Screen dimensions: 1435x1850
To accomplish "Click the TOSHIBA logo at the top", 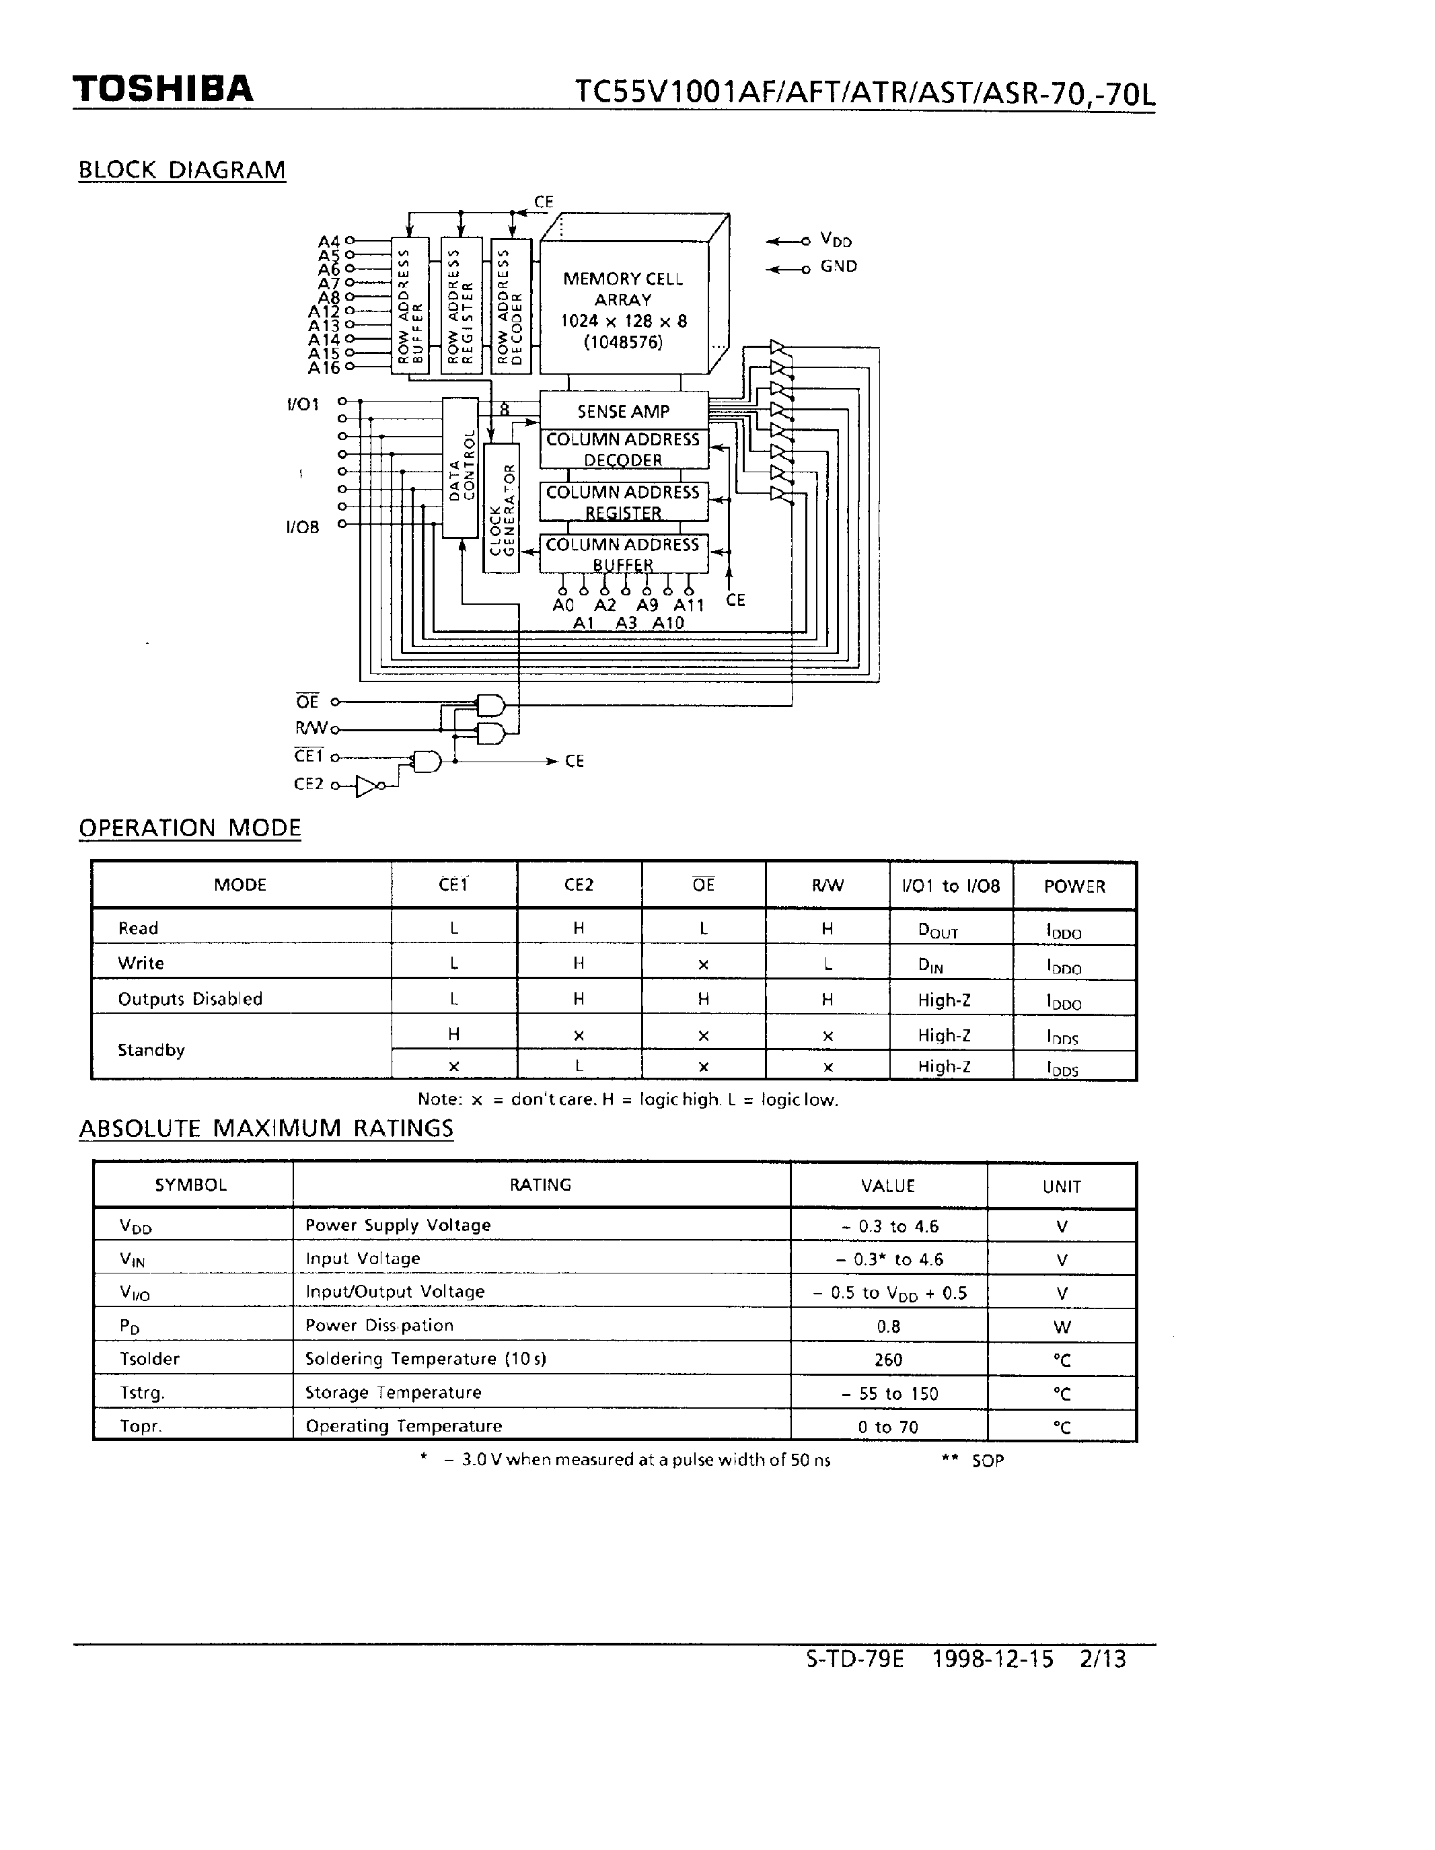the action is tap(163, 89).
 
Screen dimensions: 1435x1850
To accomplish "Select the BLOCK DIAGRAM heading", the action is tap(182, 170).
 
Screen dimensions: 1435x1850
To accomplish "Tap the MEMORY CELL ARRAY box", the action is tap(624, 310).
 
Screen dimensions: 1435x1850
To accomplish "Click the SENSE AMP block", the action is tap(624, 411).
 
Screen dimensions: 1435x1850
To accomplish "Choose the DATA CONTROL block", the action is tap(461, 468).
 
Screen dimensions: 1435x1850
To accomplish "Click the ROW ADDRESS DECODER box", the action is tap(511, 307).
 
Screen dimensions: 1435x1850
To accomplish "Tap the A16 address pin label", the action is tap(324, 367).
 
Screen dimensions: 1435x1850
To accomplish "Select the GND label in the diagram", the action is tap(839, 266).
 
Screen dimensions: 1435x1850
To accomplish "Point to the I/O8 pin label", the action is tap(303, 527).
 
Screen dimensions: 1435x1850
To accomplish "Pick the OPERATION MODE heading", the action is tap(190, 827).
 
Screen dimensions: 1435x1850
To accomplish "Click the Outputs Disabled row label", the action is tap(190, 999).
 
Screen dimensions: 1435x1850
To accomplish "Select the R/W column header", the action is tap(827, 885).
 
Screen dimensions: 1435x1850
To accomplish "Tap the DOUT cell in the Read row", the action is tap(938, 929).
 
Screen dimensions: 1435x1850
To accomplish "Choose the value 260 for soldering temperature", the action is tap(888, 1360).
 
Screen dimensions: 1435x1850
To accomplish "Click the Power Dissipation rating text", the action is tap(379, 1326).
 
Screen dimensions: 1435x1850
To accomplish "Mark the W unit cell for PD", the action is tap(1062, 1327).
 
